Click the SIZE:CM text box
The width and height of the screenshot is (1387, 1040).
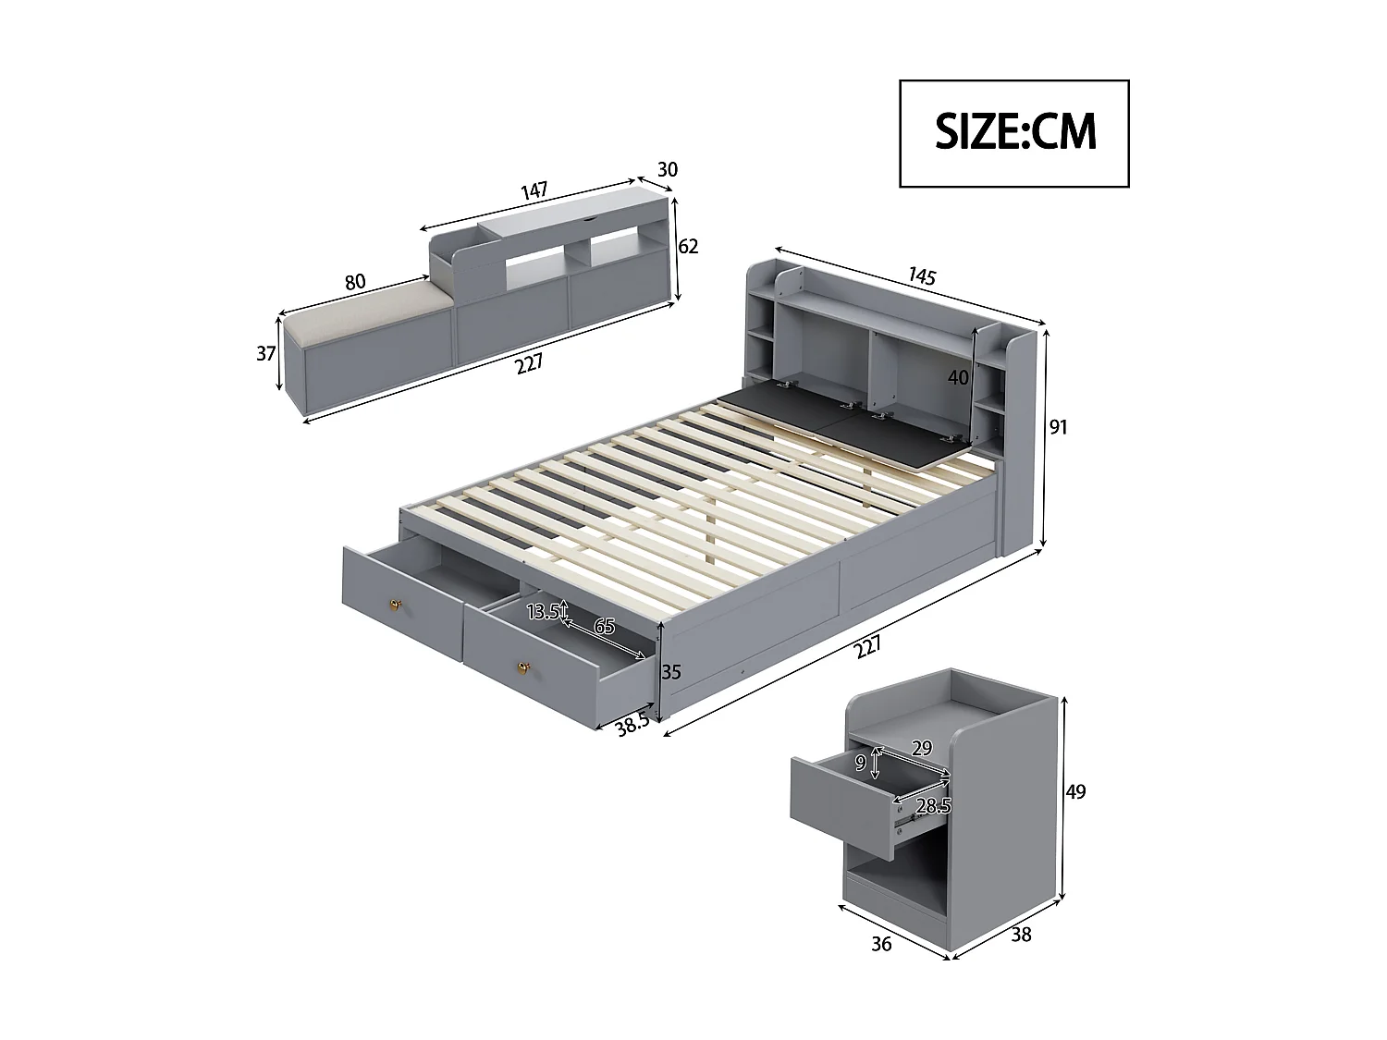(x=1014, y=133)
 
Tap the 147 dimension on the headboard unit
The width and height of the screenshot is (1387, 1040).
(x=534, y=191)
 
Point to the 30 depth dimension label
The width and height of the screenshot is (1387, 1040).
(x=667, y=170)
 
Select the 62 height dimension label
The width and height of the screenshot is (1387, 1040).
(x=688, y=246)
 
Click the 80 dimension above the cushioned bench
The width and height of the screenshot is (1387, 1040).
(x=355, y=282)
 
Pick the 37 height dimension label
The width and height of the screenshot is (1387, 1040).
(x=266, y=353)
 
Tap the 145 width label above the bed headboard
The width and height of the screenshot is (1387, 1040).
(x=922, y=275)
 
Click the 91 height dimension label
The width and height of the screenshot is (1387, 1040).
(x=1058, y=427)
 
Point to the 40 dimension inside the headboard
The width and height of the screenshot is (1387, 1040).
(x=958, y=377)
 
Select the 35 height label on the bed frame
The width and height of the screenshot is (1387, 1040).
(x=671, y=672)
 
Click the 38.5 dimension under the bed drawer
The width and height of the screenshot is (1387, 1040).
(x=632, y=723)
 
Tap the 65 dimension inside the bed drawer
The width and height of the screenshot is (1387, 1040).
(x=604, y=628)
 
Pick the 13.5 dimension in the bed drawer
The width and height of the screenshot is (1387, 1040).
(x=543, y=612)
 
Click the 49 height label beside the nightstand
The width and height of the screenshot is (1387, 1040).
(x=1075, y=791)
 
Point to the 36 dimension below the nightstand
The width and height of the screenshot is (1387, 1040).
(x=881, y=944)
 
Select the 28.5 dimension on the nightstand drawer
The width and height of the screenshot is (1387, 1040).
(x=933, y=806)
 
